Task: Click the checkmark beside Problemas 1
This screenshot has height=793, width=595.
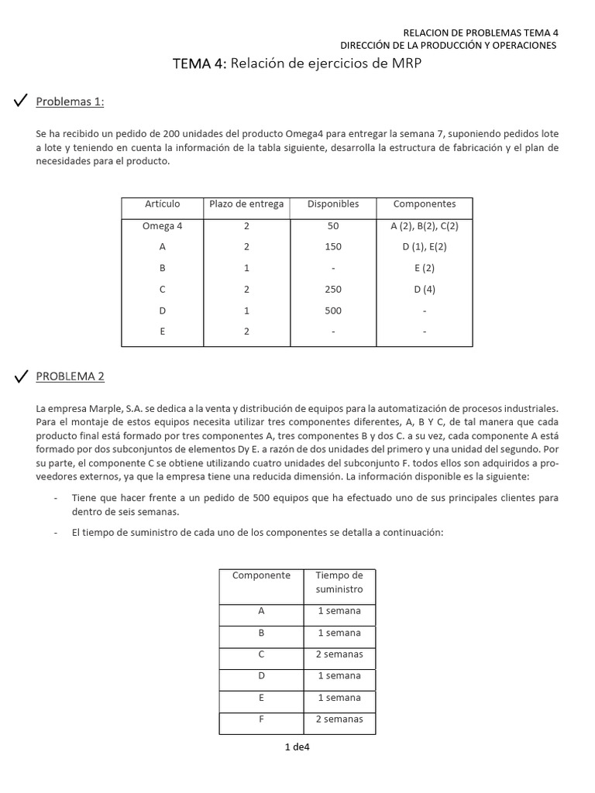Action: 21,101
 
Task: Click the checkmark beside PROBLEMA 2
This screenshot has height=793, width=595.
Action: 21,376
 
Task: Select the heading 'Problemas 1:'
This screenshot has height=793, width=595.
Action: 70,102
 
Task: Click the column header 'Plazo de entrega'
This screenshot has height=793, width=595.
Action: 246,204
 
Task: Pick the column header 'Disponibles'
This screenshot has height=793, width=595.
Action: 333,204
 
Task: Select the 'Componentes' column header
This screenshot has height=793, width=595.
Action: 424,204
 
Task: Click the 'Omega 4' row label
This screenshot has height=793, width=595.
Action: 162,226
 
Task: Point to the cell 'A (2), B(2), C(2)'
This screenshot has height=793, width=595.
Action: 424,226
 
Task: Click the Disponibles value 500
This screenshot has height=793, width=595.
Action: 333,311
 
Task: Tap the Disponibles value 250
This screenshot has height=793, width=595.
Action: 333,290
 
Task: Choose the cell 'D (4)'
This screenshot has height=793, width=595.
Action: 424,290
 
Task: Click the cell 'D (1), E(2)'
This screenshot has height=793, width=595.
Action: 424,247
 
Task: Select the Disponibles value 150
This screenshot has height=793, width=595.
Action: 333,247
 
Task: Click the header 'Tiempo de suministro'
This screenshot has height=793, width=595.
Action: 339,582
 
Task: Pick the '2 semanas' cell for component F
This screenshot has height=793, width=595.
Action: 339,719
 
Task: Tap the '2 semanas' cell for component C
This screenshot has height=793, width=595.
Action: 339,654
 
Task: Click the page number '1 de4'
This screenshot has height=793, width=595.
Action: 297,747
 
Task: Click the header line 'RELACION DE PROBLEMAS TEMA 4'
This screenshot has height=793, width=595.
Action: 480,33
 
